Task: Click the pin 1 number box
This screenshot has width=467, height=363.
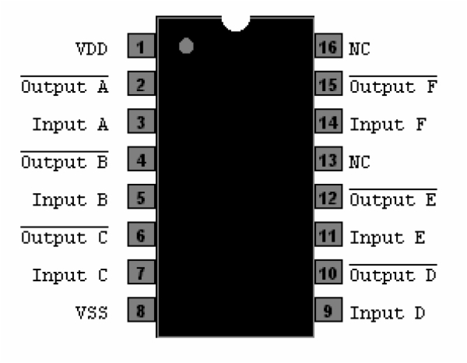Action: coord(141,49)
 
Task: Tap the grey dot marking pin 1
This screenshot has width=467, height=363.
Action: coord(185,47)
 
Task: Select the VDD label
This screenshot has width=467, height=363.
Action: coord(93,50)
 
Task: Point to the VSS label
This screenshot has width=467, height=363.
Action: coord(93,313)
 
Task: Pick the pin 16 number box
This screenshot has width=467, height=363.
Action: coord(328,49)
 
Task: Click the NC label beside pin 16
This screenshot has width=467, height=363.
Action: coord(360,50)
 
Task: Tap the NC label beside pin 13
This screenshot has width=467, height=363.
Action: coord(360,163)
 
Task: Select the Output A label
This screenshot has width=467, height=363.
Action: coord(64,87)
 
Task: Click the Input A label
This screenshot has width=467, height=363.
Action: coord(70,125)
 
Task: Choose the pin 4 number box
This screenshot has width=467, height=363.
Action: coord(141,162)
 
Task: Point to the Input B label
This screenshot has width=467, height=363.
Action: coord(70,199)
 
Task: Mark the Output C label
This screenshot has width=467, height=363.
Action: coord(64,238)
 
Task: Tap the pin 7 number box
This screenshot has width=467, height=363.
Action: coord(141,275)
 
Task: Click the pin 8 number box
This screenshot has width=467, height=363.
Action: coord(141,312)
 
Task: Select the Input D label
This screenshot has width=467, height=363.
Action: coord(387,313)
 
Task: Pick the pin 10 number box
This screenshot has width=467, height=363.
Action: coord(328,275)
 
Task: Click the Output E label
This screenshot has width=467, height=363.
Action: coord(392,200)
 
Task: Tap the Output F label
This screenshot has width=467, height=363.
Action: coord(392,87)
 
